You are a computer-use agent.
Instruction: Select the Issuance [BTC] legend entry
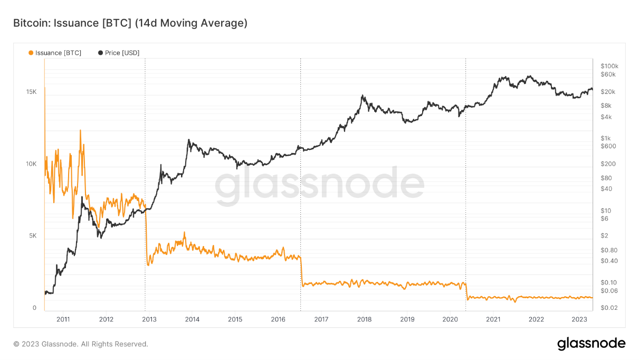tap(55, 53)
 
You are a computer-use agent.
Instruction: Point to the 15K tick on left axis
tap(31, 92)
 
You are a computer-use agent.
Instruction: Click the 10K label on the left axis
tap(31, 164)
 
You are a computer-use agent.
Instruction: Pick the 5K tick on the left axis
tap(32, 236)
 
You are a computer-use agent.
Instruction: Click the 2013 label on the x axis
tap(149, 319)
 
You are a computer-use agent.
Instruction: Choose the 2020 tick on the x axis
tap(450, 319)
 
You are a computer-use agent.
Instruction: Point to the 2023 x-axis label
tap(579, 319)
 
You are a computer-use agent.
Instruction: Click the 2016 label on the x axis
tap(278, 319)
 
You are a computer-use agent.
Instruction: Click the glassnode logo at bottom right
tap(591, 344)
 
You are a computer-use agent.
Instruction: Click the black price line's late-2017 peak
tap(363, 96)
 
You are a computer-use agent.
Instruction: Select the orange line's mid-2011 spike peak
tap(80, 130)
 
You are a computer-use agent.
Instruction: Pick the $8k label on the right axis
tap(606, 106)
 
